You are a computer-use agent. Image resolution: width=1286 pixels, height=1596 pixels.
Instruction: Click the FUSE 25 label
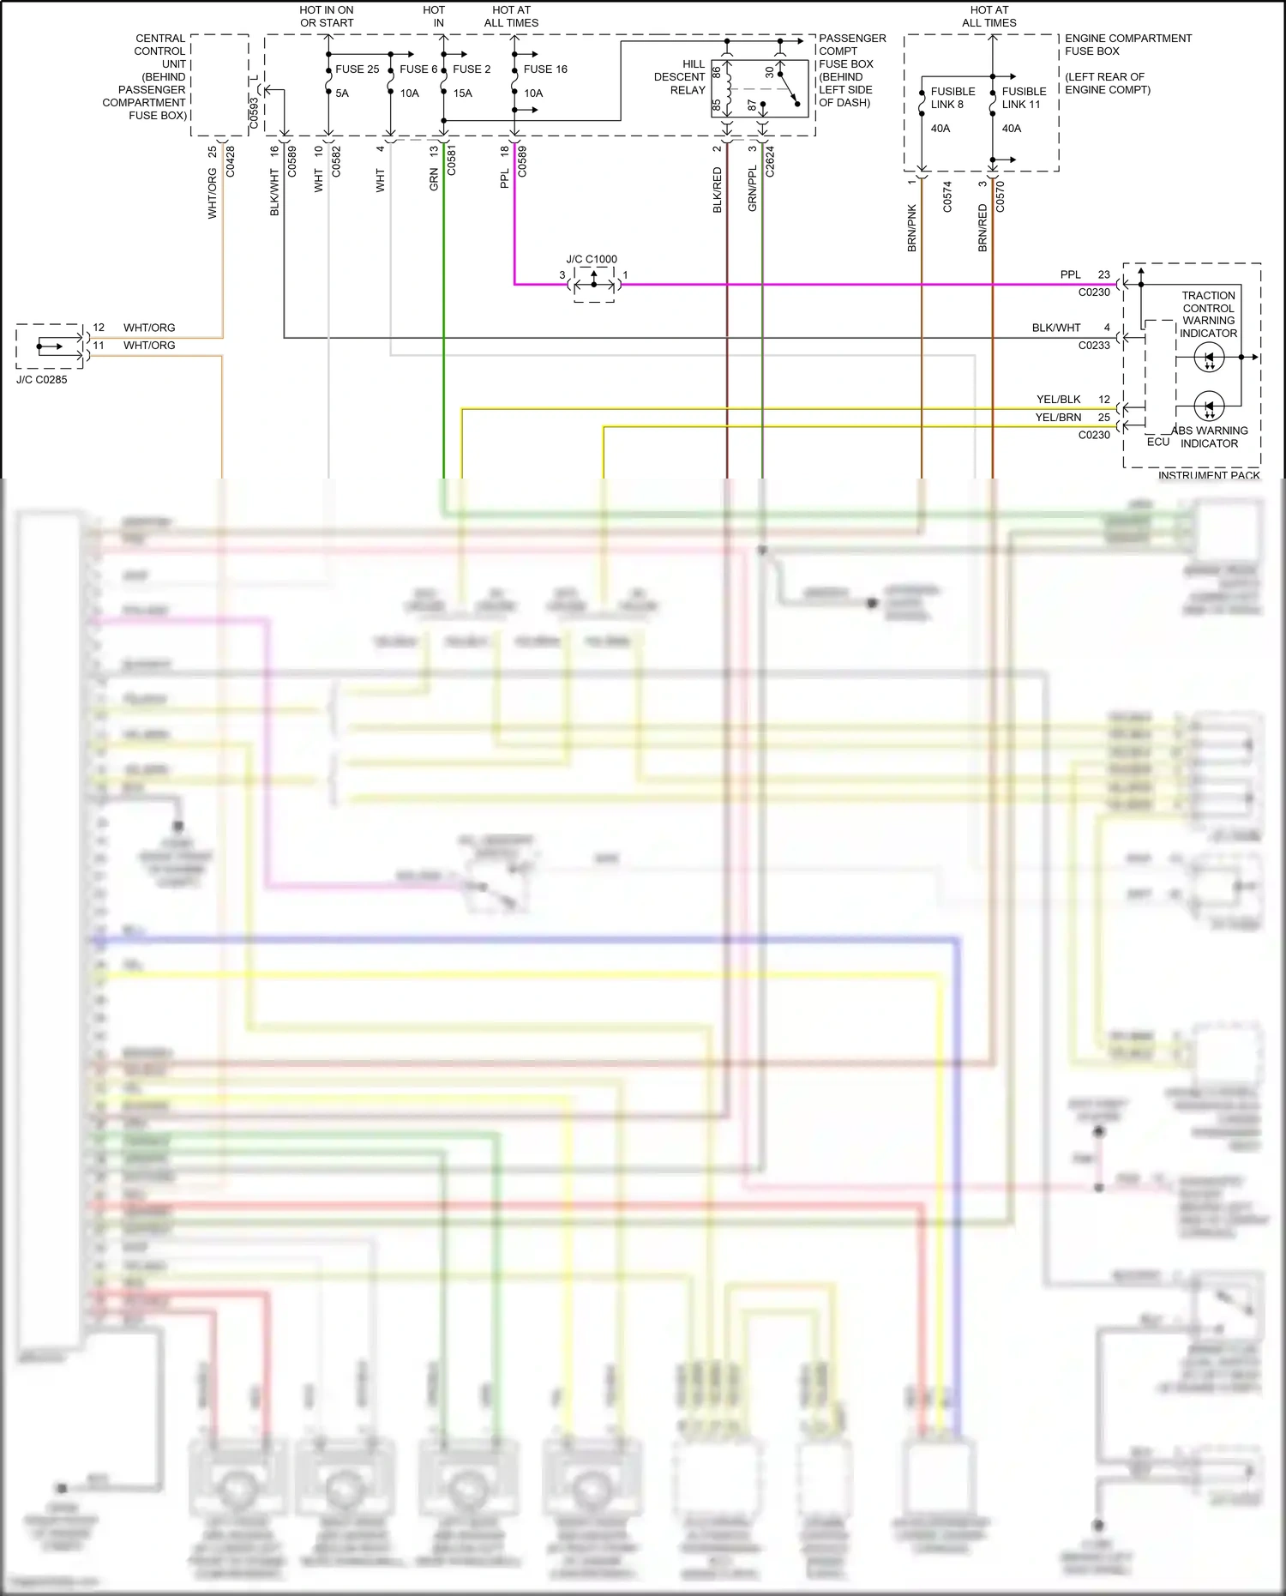357,69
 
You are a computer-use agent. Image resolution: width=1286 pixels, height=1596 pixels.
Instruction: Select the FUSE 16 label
545,69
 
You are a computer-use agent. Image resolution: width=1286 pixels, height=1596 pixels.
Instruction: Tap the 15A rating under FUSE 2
462,93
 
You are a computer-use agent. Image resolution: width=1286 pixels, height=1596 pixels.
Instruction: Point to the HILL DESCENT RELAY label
681,77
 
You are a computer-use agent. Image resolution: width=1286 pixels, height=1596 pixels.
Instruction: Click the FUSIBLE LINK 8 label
952,98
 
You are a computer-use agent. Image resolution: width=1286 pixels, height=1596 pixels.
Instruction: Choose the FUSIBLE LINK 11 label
1024,98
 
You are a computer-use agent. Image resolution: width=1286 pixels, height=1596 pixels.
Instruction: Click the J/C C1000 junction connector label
591,259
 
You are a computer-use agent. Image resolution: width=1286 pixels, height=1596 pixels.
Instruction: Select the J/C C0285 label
41,380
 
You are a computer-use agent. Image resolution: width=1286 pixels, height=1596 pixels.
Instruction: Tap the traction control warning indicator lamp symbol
1209,358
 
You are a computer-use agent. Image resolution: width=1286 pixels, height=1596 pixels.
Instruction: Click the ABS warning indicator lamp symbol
1209,406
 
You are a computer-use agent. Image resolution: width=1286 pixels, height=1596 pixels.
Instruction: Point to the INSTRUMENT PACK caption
1209,475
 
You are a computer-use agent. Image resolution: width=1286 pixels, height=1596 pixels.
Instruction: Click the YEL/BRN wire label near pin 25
1058,418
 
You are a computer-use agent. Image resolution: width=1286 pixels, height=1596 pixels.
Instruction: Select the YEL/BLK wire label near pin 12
1058,400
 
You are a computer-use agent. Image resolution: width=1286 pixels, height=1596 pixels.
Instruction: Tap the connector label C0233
1094,346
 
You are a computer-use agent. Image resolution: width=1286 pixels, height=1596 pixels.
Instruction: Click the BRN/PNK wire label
912,227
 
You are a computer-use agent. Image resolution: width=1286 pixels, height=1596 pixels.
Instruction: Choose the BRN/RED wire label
983,227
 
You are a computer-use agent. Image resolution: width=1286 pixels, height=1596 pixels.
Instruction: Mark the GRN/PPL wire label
752,190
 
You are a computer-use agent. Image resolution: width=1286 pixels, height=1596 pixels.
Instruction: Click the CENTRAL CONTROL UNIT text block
146,77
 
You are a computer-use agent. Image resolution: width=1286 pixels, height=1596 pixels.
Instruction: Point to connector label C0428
230,161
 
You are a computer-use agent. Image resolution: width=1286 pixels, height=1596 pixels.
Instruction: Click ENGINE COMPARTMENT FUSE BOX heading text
1127,45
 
